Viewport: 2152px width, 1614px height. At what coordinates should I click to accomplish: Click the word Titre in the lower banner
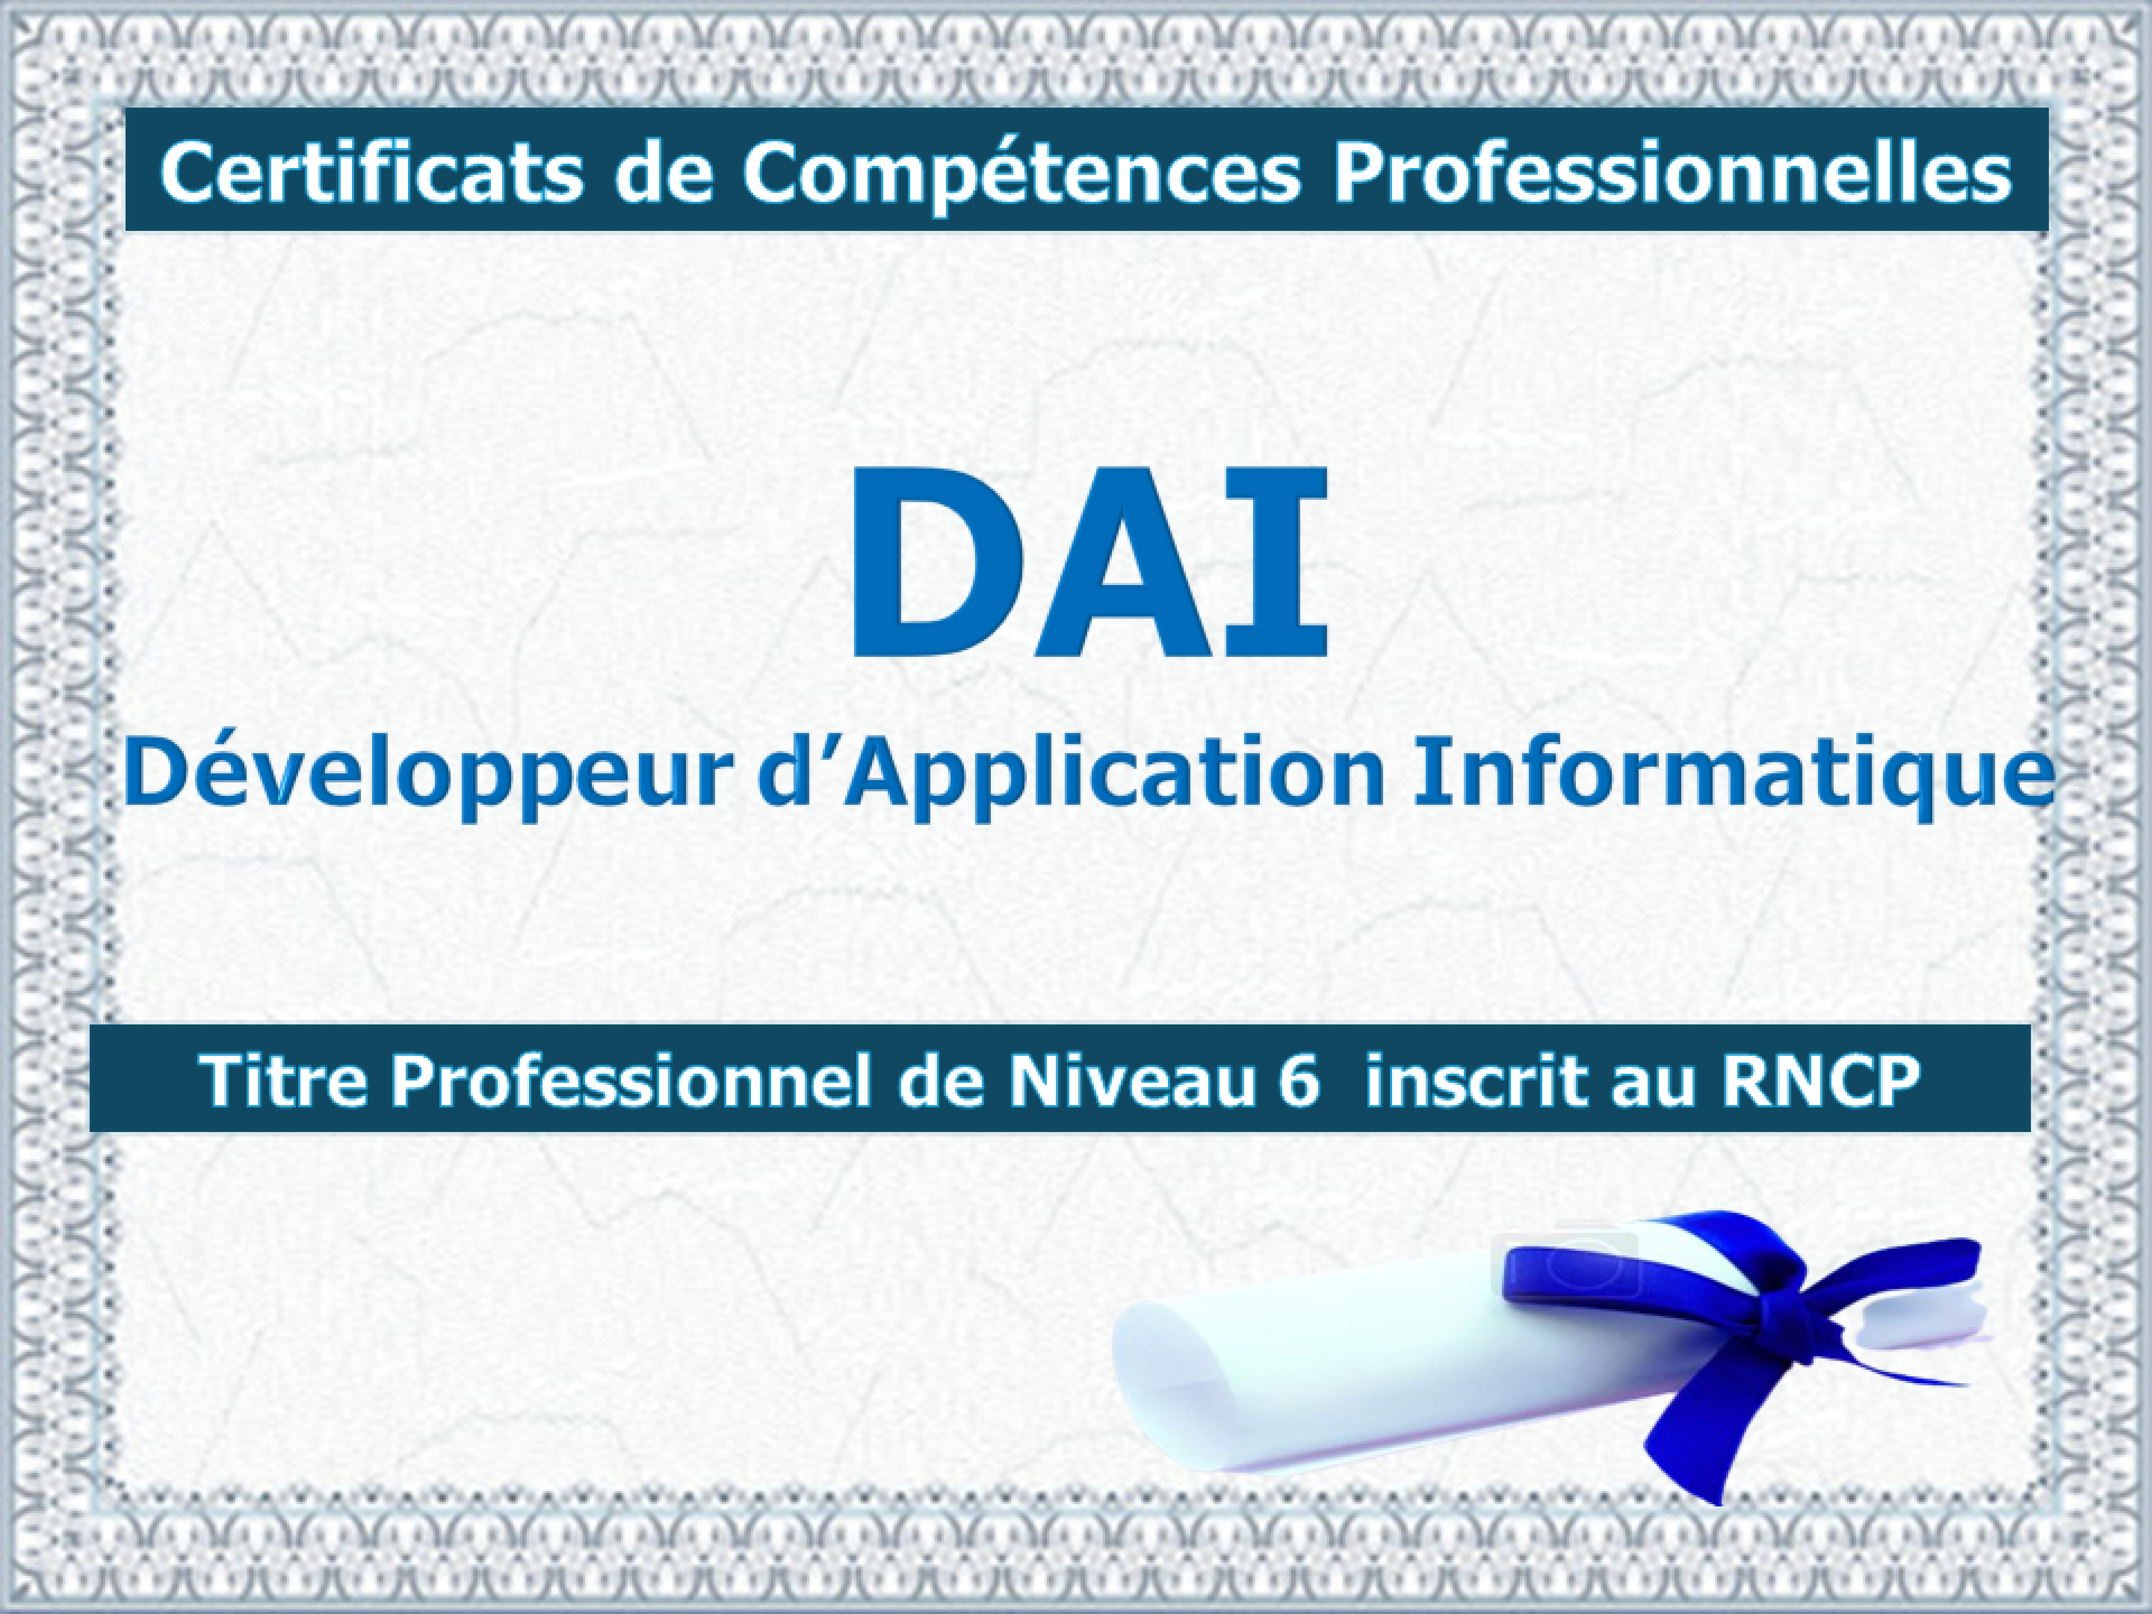point(282,1080)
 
